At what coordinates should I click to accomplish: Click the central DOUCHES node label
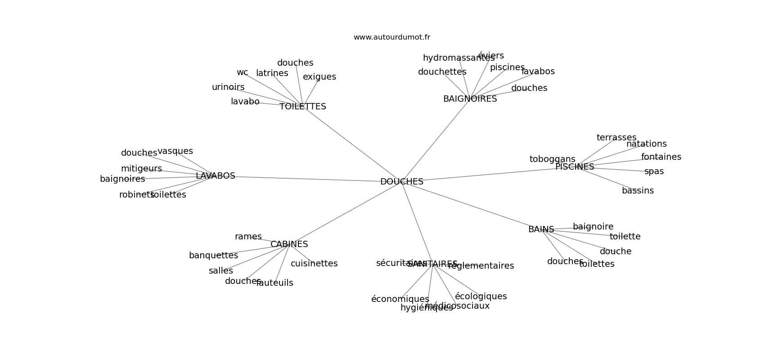pyautogui.click(x=401, y=182)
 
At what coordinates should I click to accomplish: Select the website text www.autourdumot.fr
pyautogui.click(x=391, y=37)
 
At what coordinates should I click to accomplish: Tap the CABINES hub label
pyautogui.click(x=289, y=244)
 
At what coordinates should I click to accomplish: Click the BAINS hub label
pyautogui.click(x=541, y=229)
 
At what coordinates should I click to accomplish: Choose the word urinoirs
pyautogui.click(x=228, y=87)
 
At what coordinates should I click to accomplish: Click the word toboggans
pyautogui.click(x=552, y=159)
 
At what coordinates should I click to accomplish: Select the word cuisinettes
pyautogui.click(x=314, y=264)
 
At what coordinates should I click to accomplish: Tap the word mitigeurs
pyautogui.click(x=141, y=169)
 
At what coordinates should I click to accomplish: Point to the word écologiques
pyautogui.click(x=481, y=297)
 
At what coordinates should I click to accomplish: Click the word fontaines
pyautogui.click(x=661, y=157)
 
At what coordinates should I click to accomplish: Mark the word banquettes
pyautogui.click(x=213, y=256)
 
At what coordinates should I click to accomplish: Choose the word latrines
pyautogui.click(x=272, y=73)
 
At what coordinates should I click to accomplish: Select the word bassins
pyautogui.click(x=638, y=191)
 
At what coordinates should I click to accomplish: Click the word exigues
pyautogui.click(x=319, y=77)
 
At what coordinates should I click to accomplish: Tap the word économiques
pyautogui.click(x=400, y=299)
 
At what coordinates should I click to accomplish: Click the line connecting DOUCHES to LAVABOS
pyautogui.click(x=306, y=179)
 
